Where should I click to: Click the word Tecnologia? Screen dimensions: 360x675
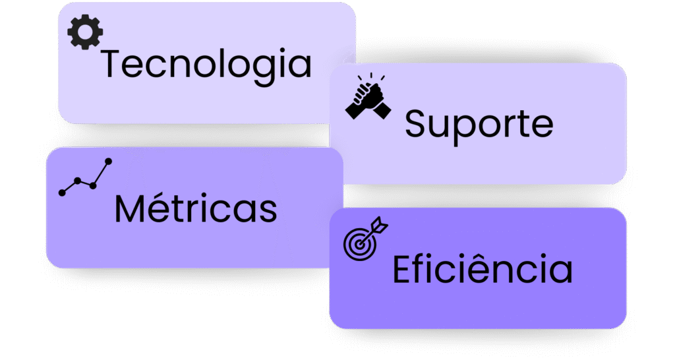tap(206, 65)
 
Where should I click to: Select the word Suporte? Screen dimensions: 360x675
tap(479, 123)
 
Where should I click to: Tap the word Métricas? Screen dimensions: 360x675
tap(196, 208)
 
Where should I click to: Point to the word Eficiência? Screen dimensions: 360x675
tap(483, 269)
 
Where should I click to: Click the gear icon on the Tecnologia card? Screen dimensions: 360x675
tap(85, 33)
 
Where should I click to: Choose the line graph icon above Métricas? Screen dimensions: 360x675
tap(86, 177)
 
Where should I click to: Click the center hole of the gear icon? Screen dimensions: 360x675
tap(85, 33)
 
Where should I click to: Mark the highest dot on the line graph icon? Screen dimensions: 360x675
tap(109, 161)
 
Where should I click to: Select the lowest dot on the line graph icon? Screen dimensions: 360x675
tap(63, 193)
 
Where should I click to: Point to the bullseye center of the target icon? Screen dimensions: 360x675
tap(359, 244)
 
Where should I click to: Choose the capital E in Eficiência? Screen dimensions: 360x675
tap(401, 269)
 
